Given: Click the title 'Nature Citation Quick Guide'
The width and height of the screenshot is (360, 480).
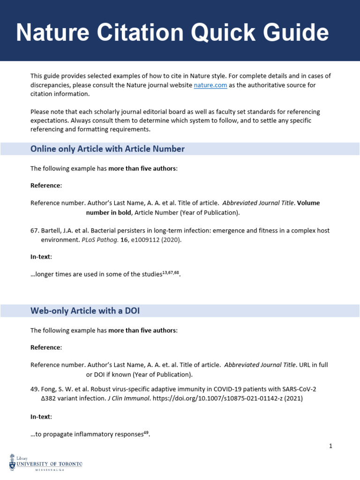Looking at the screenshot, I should [172, 33].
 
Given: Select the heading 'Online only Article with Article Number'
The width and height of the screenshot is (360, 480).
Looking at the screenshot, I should [107, 149].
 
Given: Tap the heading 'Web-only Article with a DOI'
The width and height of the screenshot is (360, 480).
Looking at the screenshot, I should [85, 311].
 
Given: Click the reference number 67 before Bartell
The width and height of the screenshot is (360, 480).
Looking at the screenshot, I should [34, 231].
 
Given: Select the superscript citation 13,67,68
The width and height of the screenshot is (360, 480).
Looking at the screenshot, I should [171, 273].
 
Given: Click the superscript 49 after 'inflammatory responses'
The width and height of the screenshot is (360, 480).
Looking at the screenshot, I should [146, 433].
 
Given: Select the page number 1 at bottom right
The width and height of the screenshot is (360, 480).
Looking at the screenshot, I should [330, 446].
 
